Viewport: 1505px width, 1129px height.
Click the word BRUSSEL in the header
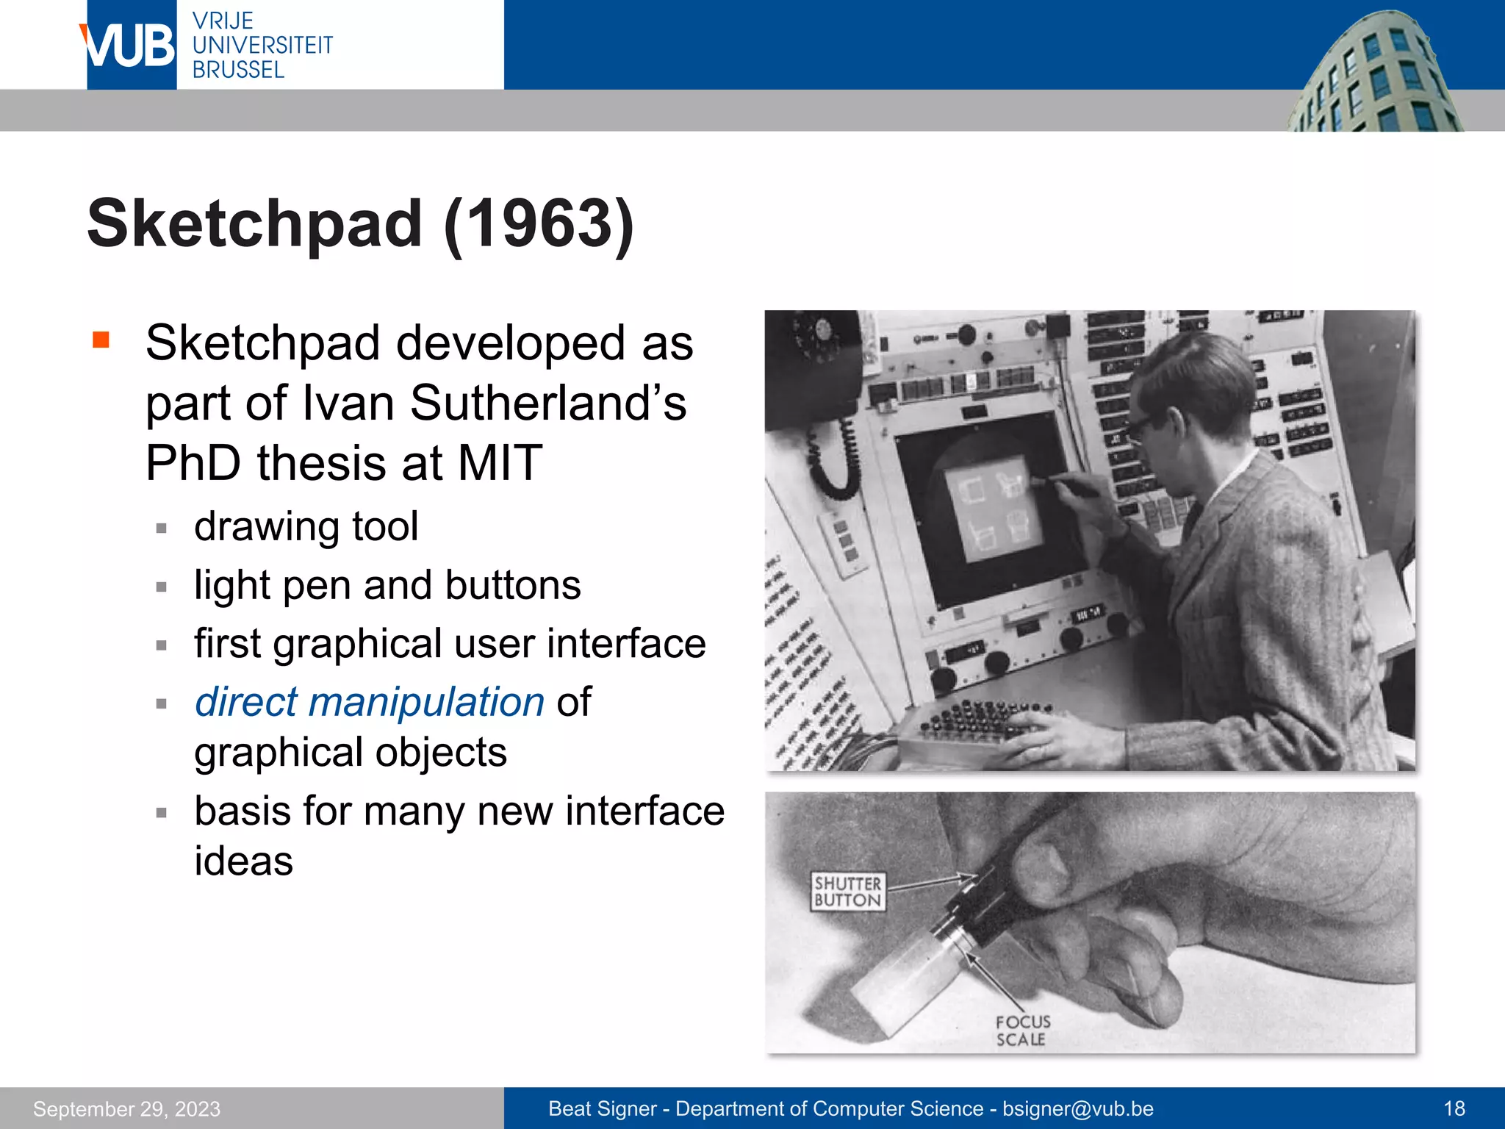point(238,71)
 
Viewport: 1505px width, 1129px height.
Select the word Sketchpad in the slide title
point(254,224)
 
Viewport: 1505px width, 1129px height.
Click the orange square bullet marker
point(101,340)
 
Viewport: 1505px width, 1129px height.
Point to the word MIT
point(500,463)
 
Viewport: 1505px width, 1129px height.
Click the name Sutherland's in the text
point(547,404)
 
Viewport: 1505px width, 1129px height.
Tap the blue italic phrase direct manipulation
point(370,702)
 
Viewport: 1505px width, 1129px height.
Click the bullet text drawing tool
point(306,527)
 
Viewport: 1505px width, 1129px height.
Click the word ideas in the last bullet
point(243,861)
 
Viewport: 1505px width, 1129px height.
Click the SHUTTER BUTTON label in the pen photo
point(847,892)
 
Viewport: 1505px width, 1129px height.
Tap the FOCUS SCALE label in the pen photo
point(1022,1031)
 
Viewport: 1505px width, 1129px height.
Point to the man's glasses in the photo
point(1141,426)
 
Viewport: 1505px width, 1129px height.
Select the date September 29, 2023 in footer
point(126,1109)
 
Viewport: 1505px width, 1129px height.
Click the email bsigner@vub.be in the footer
point(1078,1109)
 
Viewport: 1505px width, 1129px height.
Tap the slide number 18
point(1454,1109)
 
